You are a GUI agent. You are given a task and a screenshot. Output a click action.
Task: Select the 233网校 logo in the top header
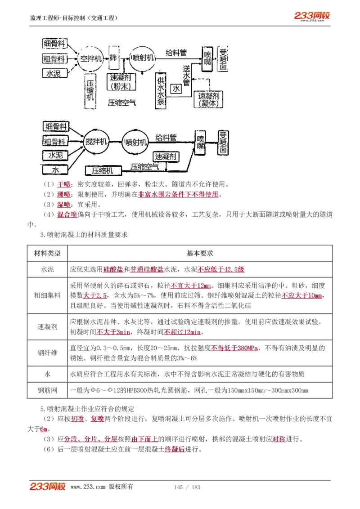click(312, 16)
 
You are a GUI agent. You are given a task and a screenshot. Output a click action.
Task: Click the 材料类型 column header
click(47, 253)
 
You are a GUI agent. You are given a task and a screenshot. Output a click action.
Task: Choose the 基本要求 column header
click(200, 253)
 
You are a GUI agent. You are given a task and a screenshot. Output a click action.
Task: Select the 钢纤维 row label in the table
click(47, 353)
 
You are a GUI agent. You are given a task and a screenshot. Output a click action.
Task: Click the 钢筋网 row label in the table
click(47, 390)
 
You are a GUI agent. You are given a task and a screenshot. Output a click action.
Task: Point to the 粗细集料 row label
click(47, 295)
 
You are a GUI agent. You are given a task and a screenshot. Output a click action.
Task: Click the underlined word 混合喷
click(67, 214)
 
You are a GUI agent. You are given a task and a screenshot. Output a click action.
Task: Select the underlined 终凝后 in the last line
click(175, 450)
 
